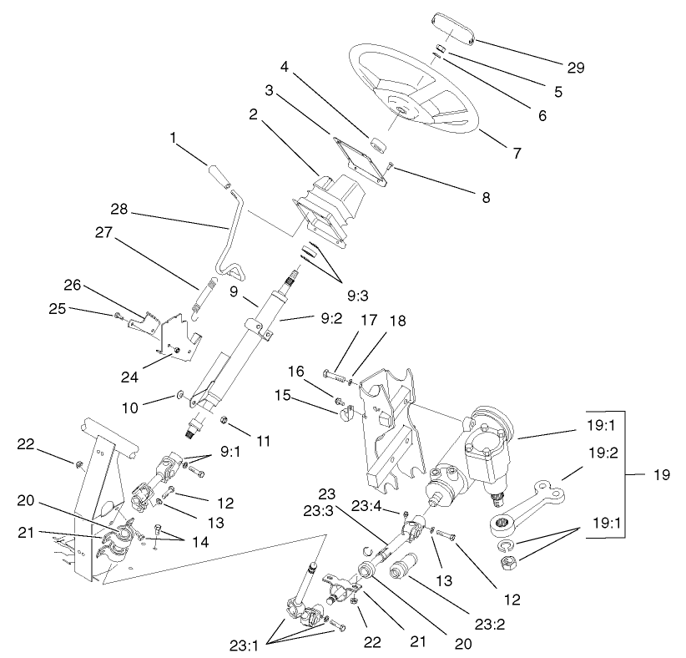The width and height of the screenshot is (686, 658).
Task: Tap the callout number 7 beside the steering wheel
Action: pos(517,154)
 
